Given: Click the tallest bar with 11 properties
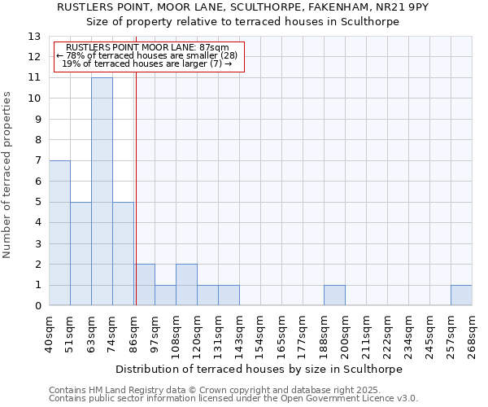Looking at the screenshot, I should click(x=102, y=191).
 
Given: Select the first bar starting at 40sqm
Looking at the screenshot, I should click(x=59, y=233).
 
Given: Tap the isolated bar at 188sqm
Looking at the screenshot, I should click(x=334, y=295).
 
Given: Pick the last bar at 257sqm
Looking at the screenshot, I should click(x=461, y=295).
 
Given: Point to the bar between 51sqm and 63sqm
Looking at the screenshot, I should click(x=81, y=254).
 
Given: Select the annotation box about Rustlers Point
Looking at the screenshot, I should click(x=148, y=56).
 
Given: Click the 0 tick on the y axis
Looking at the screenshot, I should click(x=37, y=306).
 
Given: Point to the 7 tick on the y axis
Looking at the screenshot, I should click(x=37, y=161).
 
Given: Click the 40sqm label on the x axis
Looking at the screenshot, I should click(x=49, y=331).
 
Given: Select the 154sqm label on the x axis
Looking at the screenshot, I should click(x=260, y=331).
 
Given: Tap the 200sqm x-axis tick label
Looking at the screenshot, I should click(x=345, y=331).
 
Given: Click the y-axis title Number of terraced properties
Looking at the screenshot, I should click(x=7, y=174).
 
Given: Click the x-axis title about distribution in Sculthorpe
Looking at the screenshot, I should click(x=260, y=369).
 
